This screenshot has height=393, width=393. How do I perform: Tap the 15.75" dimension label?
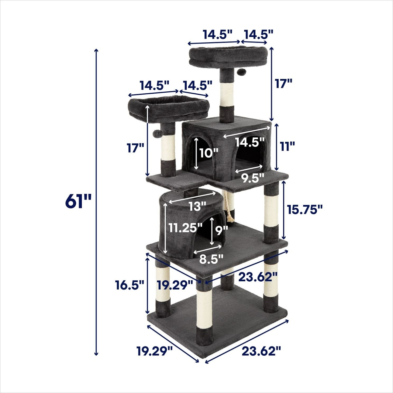(305, 209)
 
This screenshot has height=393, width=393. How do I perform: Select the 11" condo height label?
(287, 147)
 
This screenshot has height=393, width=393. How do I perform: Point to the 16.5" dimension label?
(129, 285)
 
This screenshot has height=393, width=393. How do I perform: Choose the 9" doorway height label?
(221, 231)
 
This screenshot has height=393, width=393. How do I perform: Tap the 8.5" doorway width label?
(211, 259)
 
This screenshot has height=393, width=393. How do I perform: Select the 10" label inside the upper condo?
(209, 153)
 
